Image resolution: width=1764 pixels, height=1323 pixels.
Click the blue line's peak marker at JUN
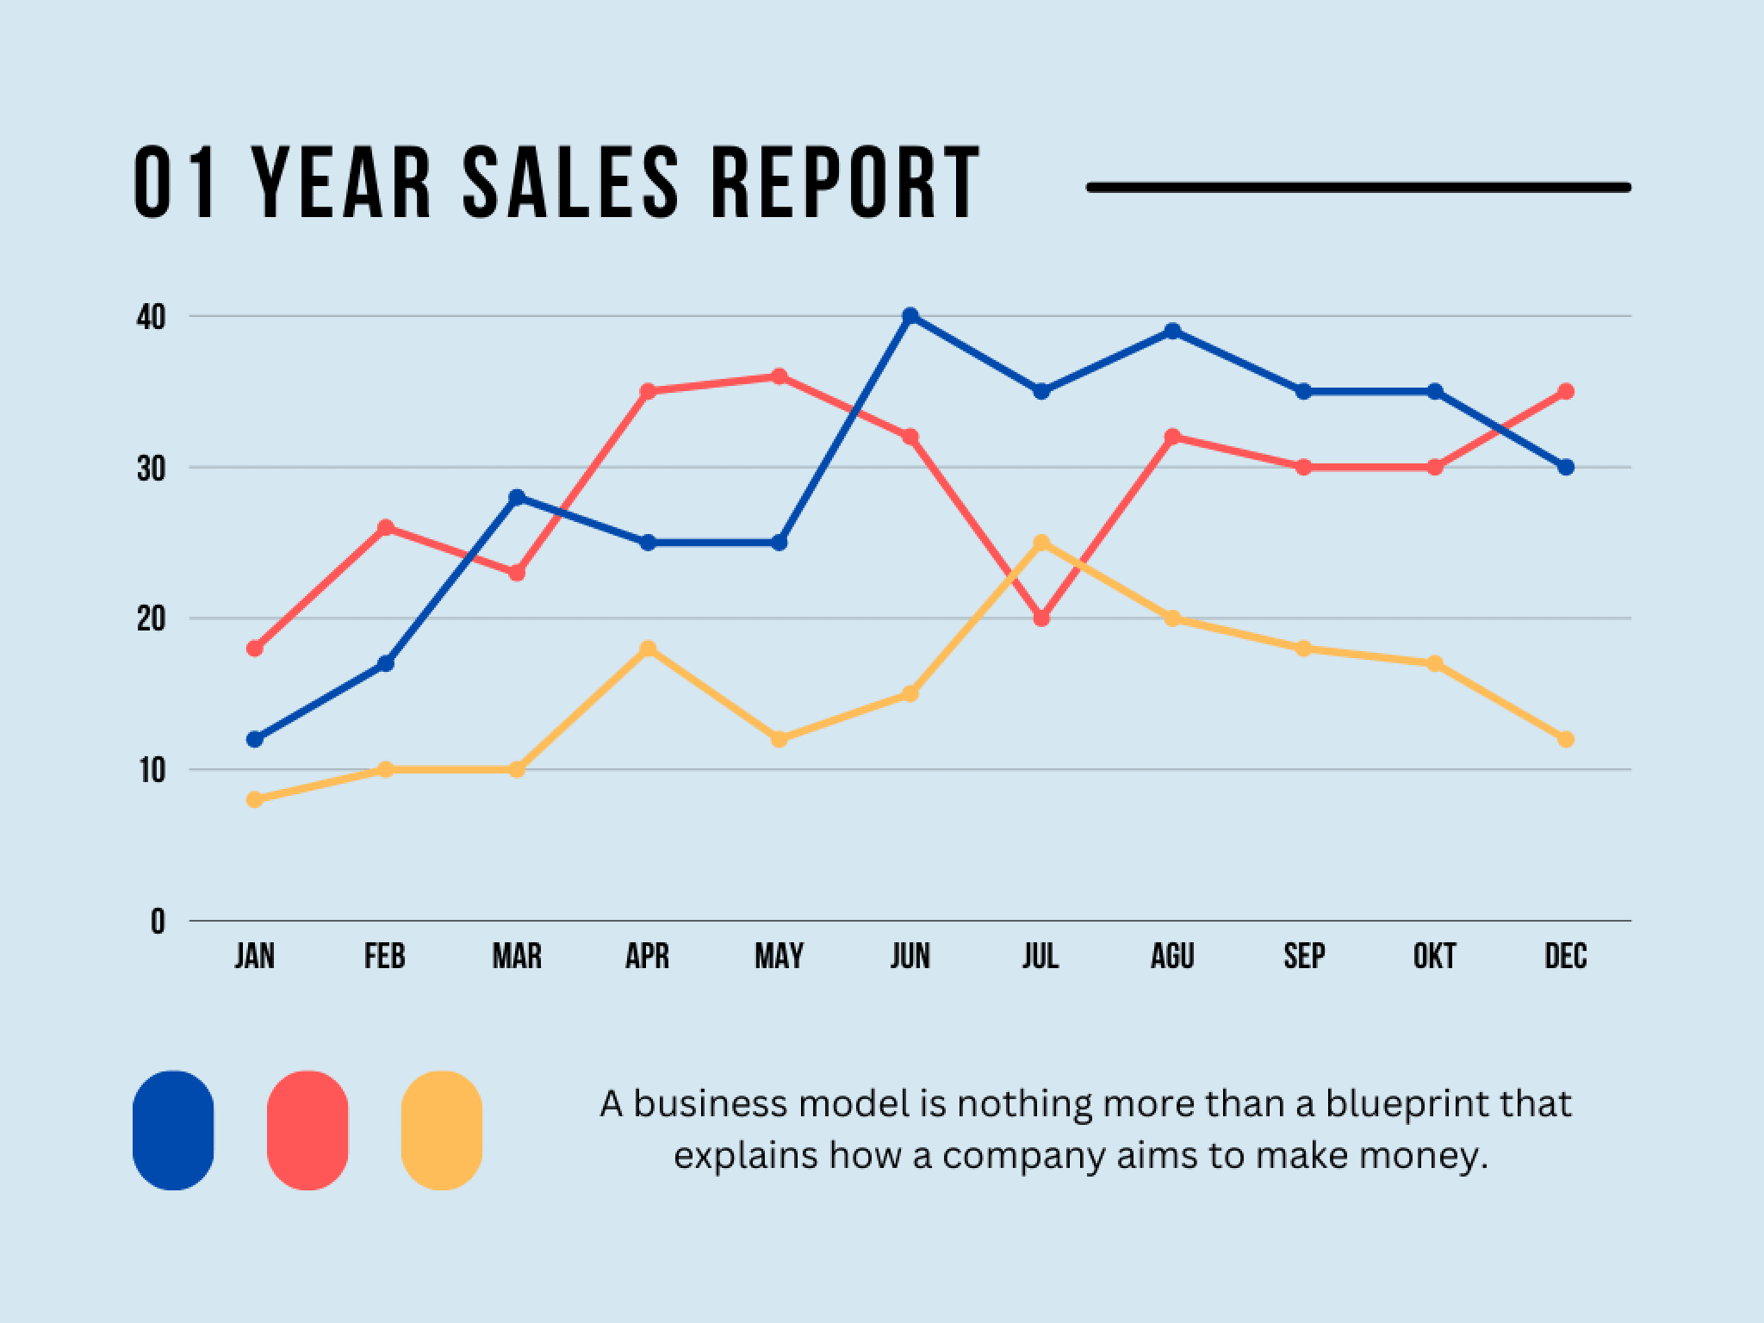pos(910,316)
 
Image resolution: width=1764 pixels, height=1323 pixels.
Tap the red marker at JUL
pos(1041,618)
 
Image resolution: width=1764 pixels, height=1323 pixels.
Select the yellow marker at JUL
pos(1041,543)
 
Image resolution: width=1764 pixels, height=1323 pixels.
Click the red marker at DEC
pos(1566,392)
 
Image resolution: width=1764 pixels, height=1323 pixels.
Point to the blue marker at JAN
pos(254,739)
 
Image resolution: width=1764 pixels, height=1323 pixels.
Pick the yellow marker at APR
pos(648,649)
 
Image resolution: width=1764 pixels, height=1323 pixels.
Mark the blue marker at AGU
pos(1172,332)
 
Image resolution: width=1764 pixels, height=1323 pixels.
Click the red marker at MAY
pos(779,376)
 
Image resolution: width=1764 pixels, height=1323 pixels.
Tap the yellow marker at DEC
pos(1566,739)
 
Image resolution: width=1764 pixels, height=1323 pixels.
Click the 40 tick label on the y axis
pos(150,318)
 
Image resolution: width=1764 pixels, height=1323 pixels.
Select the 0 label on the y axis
pos(158,922)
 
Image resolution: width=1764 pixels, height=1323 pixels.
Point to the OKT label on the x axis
pos(1434,957)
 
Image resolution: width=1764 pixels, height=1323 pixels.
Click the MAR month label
pos(517,957)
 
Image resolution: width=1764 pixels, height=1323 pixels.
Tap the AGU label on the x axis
pos(1172,957)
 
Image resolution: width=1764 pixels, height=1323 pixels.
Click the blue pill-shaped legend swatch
pos(173,1130)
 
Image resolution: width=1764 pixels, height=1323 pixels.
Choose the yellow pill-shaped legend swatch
pos(442,1130)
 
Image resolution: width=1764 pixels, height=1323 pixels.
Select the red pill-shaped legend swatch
pos(307,1130)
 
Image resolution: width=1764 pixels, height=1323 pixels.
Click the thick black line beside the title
pos(1358,187)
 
